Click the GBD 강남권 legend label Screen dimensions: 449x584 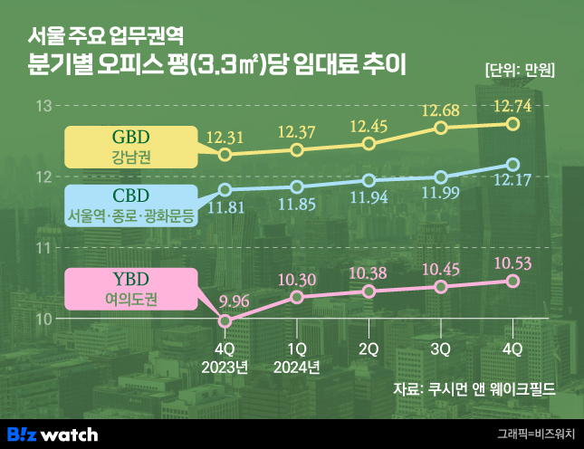coord(131,148)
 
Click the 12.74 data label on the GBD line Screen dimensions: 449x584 coord(512,107)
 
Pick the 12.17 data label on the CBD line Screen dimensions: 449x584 coord(512,186)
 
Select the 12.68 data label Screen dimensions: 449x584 coord(441,110)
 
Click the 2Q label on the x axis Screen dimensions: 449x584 coord(369,349)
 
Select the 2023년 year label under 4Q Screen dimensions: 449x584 coord(225,367)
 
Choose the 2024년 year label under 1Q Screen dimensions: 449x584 coord(297,367)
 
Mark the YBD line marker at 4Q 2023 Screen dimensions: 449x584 coord(225,320)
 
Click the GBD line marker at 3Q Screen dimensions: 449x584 coord(441,128)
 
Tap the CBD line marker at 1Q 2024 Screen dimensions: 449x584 coord(297,186)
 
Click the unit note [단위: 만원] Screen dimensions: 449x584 coord(520,70)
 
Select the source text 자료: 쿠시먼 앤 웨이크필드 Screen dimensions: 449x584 coord(474,390)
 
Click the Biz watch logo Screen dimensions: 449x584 coord(53,434)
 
